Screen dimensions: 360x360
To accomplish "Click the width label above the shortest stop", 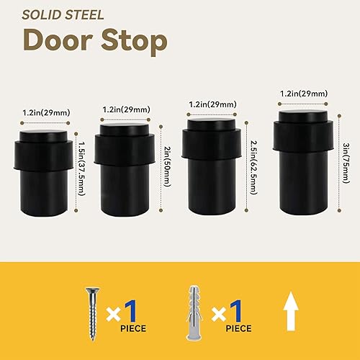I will click(x=43, y=113).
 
